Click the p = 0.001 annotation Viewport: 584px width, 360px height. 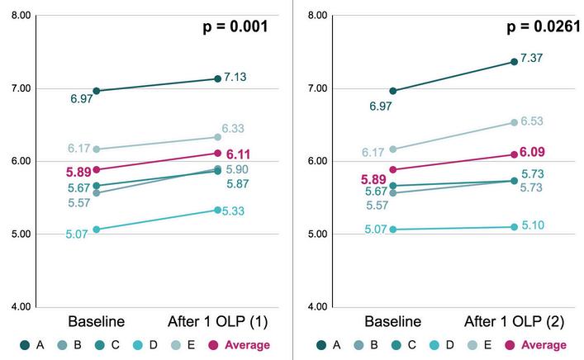coord(235,26)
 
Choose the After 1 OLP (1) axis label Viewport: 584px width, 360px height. coord(217,320)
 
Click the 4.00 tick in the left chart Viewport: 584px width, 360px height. coord(22,307)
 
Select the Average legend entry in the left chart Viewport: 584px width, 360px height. coord(240,345)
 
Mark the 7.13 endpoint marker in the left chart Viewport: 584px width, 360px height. coord(218,78)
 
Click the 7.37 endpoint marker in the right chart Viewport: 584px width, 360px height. coord(514,61)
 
